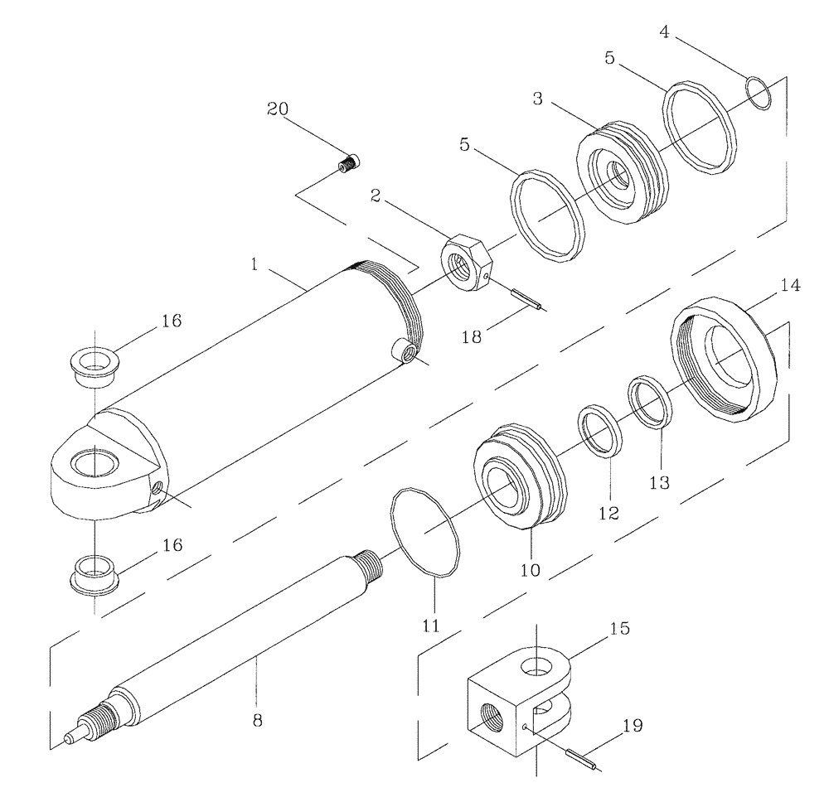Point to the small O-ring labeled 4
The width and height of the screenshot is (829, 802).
760,91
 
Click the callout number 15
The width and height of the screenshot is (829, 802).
618,629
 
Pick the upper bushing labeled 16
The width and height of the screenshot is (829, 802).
95,363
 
